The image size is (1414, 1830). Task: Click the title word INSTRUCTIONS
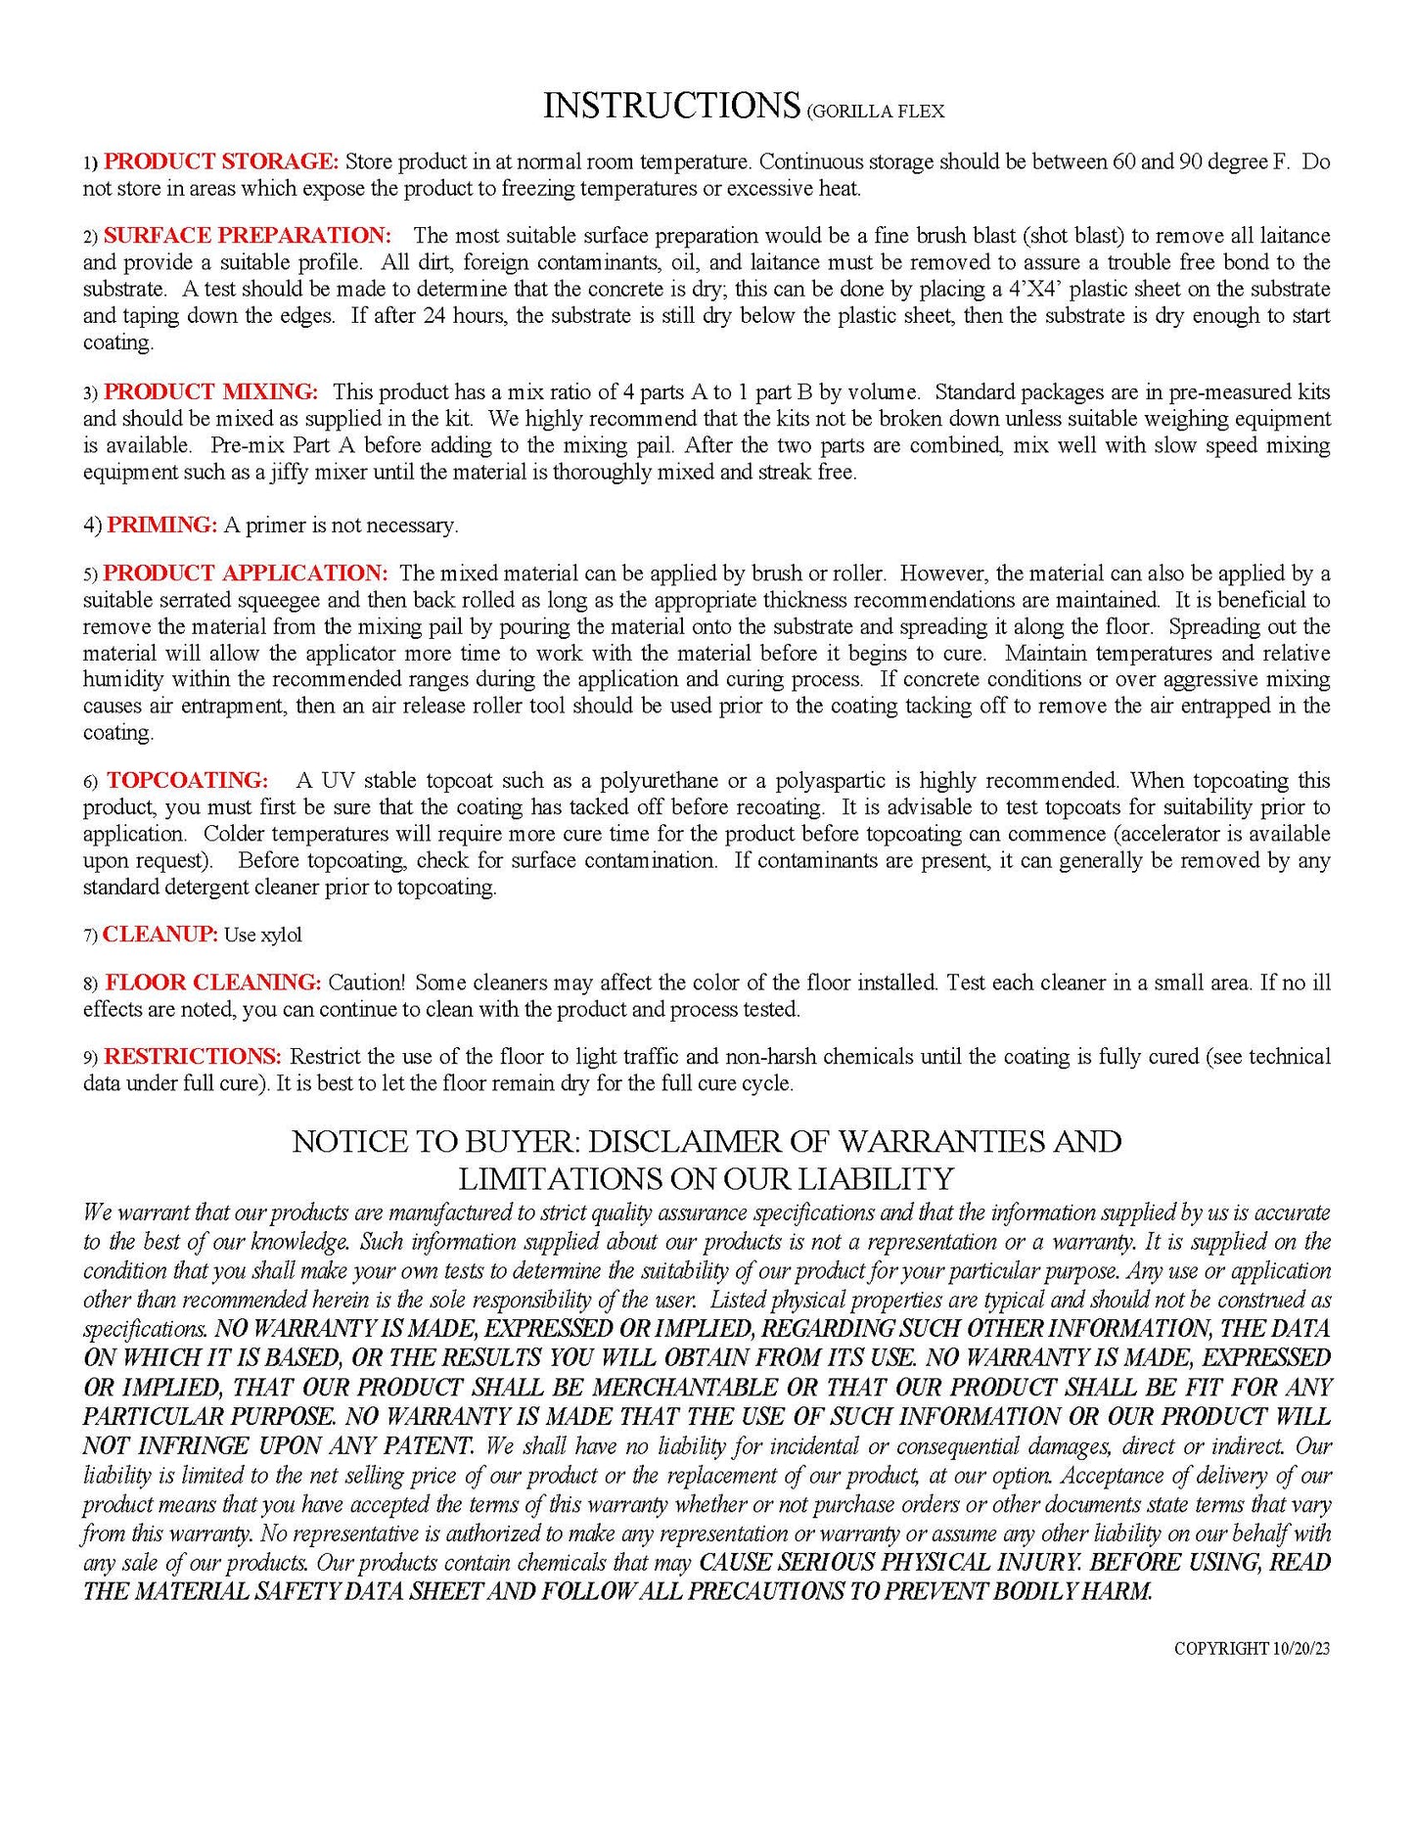pos(671,106)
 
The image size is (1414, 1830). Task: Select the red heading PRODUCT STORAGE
pos(220,161)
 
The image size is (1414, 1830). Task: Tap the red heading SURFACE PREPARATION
pos(247,236)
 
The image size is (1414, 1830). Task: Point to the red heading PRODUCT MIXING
pos(210,392)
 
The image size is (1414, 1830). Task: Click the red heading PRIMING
pos(161,526)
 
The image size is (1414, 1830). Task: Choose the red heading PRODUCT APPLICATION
pos(246,573)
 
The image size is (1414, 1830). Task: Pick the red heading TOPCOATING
pos(187,781)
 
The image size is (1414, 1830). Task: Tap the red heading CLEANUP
pos(160,935)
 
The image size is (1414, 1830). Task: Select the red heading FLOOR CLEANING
pos(212,983)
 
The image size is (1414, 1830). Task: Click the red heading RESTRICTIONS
pos(193,1057)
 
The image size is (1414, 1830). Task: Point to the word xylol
pos(282,936)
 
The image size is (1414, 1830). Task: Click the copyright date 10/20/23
pos(1300,1649)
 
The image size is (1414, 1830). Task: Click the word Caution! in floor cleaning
pos(366,983)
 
